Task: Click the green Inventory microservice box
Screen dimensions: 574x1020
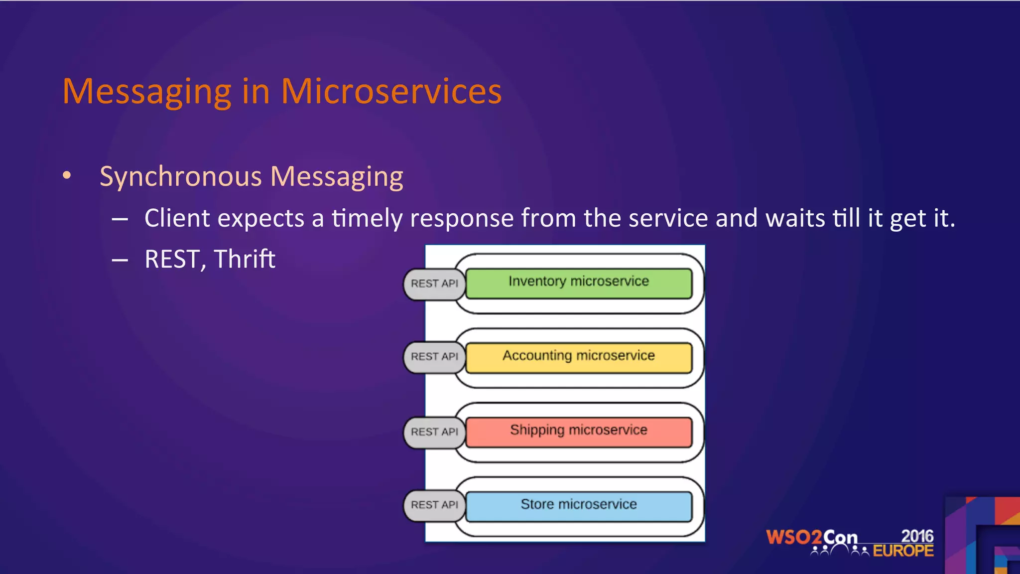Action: coord(579,283)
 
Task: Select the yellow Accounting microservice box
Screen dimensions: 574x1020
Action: coord(579,357)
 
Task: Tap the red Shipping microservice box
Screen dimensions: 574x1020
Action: coord(579,431)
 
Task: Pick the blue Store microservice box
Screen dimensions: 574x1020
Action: coord(579,506)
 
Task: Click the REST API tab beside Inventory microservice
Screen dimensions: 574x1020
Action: coord(434,284)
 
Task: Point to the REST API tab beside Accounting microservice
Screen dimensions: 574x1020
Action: coord(434,357)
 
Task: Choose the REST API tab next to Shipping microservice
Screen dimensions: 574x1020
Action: coord(434,432)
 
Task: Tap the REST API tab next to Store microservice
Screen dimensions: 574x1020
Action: coord(434,505)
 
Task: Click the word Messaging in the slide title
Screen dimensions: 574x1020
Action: coord(147,92)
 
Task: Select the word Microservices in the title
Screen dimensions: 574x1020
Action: coord(391,91)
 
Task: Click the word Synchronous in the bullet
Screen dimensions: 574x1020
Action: coord(180,177)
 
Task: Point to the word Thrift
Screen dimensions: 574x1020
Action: coord(245,259)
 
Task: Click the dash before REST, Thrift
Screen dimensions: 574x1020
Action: coord(120,260)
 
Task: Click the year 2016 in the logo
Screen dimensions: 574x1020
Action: coord(917,536)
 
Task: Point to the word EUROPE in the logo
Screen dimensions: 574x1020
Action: coord(903,551)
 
